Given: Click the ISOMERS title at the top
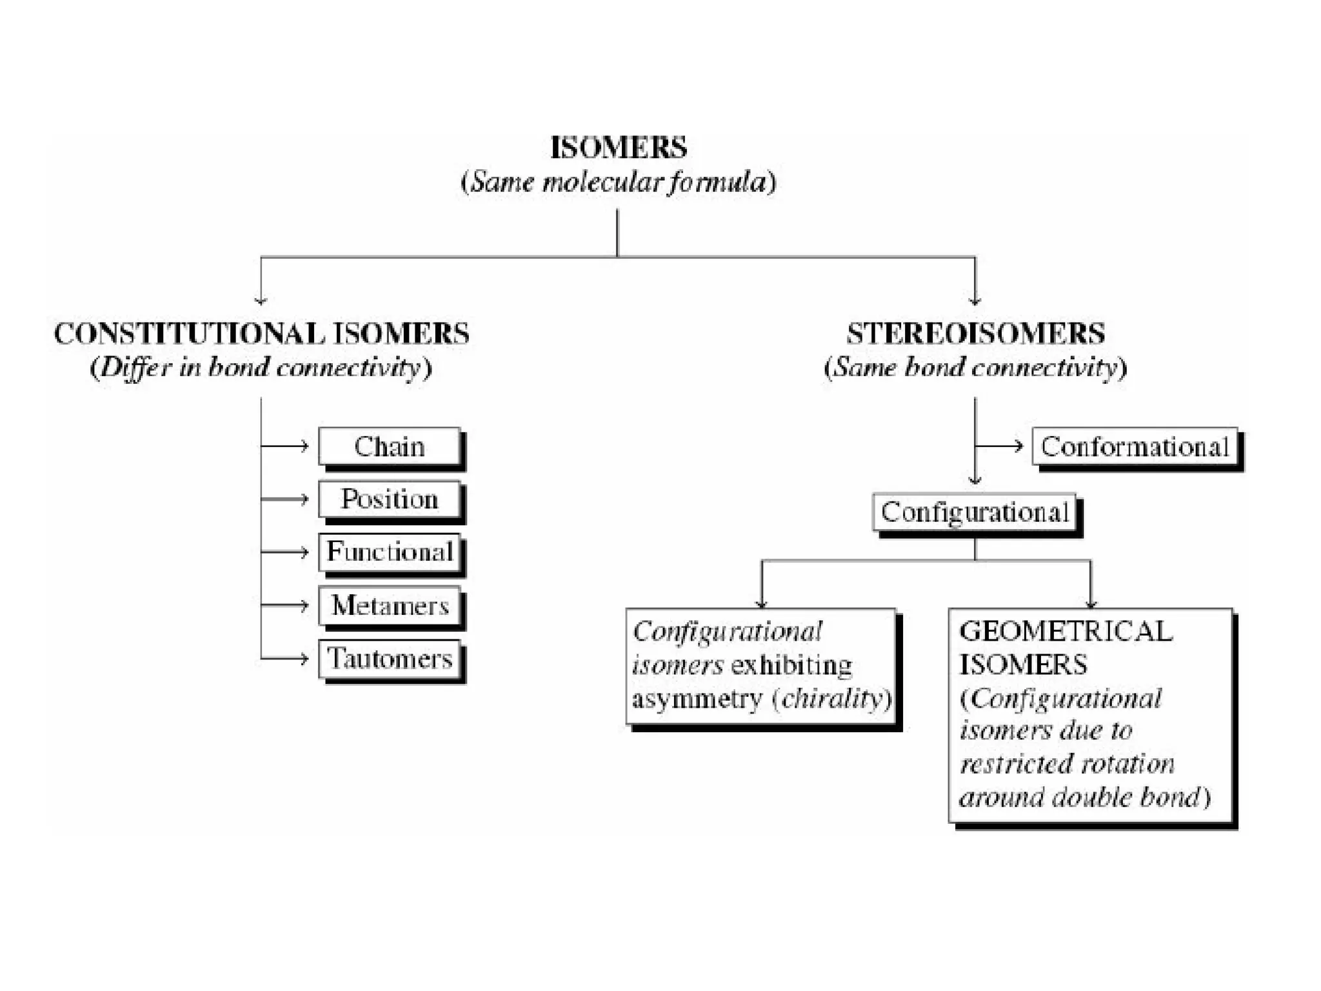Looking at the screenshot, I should (618, 148).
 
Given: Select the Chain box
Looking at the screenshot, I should (390, 446).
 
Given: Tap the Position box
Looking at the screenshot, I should (390, 499).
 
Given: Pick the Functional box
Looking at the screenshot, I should (390, 552).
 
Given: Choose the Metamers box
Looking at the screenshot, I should (390, 605).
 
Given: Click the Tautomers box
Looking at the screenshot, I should (390, 658).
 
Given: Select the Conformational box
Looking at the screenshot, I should (1135, 446).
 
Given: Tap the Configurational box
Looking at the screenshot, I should (974, 512).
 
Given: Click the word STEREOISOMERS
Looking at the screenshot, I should (975, 334).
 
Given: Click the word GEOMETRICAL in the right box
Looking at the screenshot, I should (1065, 631).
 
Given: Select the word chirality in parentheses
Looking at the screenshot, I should (831, 699).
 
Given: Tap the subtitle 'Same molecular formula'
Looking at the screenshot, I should (618, 182).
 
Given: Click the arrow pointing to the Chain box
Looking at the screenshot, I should (285, 446).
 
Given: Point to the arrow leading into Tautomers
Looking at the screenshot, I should (285, 658).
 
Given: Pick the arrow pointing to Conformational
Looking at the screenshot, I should (1000, 446).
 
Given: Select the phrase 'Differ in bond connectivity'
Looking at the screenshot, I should (261, 368).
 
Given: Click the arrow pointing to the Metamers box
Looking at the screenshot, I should (285, 605).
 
